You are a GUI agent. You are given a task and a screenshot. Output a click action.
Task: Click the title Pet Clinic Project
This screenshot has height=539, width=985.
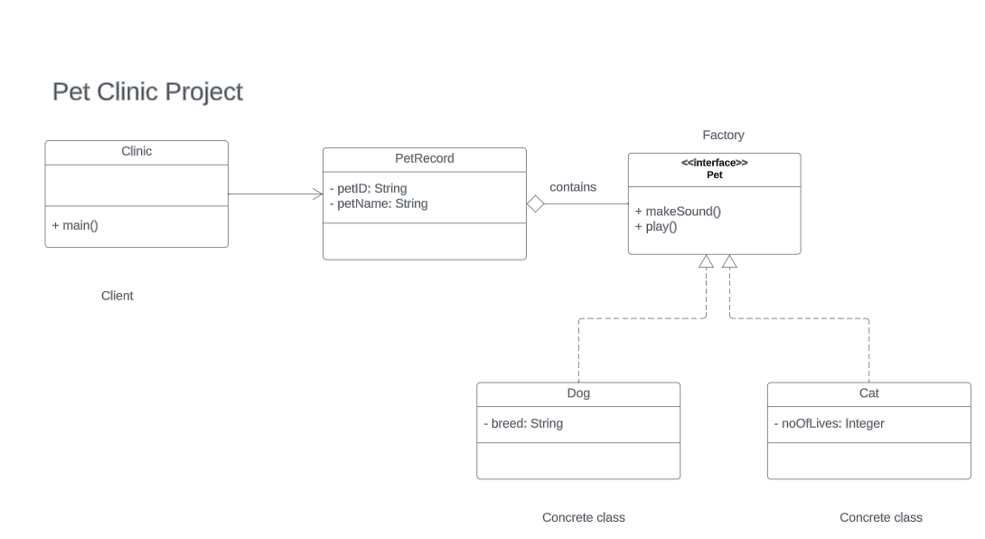(147, 92)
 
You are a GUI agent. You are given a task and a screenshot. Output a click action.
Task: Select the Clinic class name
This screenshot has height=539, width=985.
(136, 152)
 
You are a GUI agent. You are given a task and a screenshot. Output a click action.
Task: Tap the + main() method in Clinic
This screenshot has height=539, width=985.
(75, 225)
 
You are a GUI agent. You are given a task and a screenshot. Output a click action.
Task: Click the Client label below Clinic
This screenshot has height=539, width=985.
(117, 296)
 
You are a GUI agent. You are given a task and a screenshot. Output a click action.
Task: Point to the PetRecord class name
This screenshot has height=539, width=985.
(425, 159)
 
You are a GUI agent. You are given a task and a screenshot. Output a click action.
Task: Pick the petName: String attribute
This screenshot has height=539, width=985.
(379, 204)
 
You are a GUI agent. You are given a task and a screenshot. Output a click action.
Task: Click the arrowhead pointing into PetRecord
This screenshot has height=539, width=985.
(318, 194)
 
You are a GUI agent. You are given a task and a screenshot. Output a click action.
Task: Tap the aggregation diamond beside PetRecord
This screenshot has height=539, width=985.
(535, 204)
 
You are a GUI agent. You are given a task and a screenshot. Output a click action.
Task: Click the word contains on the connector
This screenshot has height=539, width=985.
(573, 187)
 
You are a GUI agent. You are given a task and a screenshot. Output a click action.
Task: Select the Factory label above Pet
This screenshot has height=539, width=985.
(723, 136)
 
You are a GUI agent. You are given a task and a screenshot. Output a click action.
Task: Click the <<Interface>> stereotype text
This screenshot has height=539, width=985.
(714, 163)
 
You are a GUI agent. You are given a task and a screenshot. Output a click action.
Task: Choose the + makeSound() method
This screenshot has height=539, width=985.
(678, 212)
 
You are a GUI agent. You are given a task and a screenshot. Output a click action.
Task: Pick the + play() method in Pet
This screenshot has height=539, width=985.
(656, 227)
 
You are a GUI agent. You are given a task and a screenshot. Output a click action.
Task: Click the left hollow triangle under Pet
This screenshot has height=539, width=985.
(707, 261)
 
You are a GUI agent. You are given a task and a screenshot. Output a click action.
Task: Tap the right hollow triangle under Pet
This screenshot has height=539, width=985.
(729, 261)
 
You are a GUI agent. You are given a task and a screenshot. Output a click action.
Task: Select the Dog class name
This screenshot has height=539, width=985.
(578, 393)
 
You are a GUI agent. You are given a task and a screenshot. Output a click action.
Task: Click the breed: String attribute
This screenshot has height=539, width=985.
(523, 424)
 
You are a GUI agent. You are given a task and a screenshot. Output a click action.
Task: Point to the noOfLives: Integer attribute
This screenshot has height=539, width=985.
(830, 424)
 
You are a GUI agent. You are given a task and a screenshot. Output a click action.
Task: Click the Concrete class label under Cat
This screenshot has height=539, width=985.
(881, 518)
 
